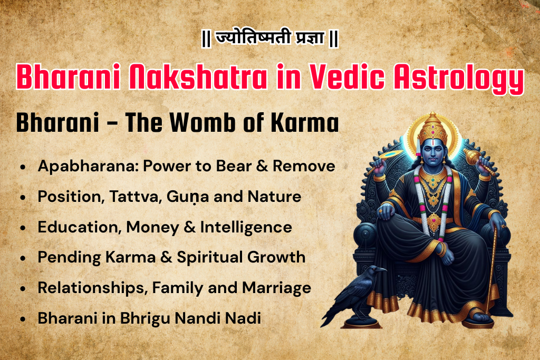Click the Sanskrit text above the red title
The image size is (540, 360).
[269, 40]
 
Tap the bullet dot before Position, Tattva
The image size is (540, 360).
[22, 198]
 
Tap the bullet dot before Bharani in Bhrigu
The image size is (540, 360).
[22, 319]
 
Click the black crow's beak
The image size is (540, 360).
[383, 270]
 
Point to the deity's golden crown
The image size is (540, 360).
[428, 124]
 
